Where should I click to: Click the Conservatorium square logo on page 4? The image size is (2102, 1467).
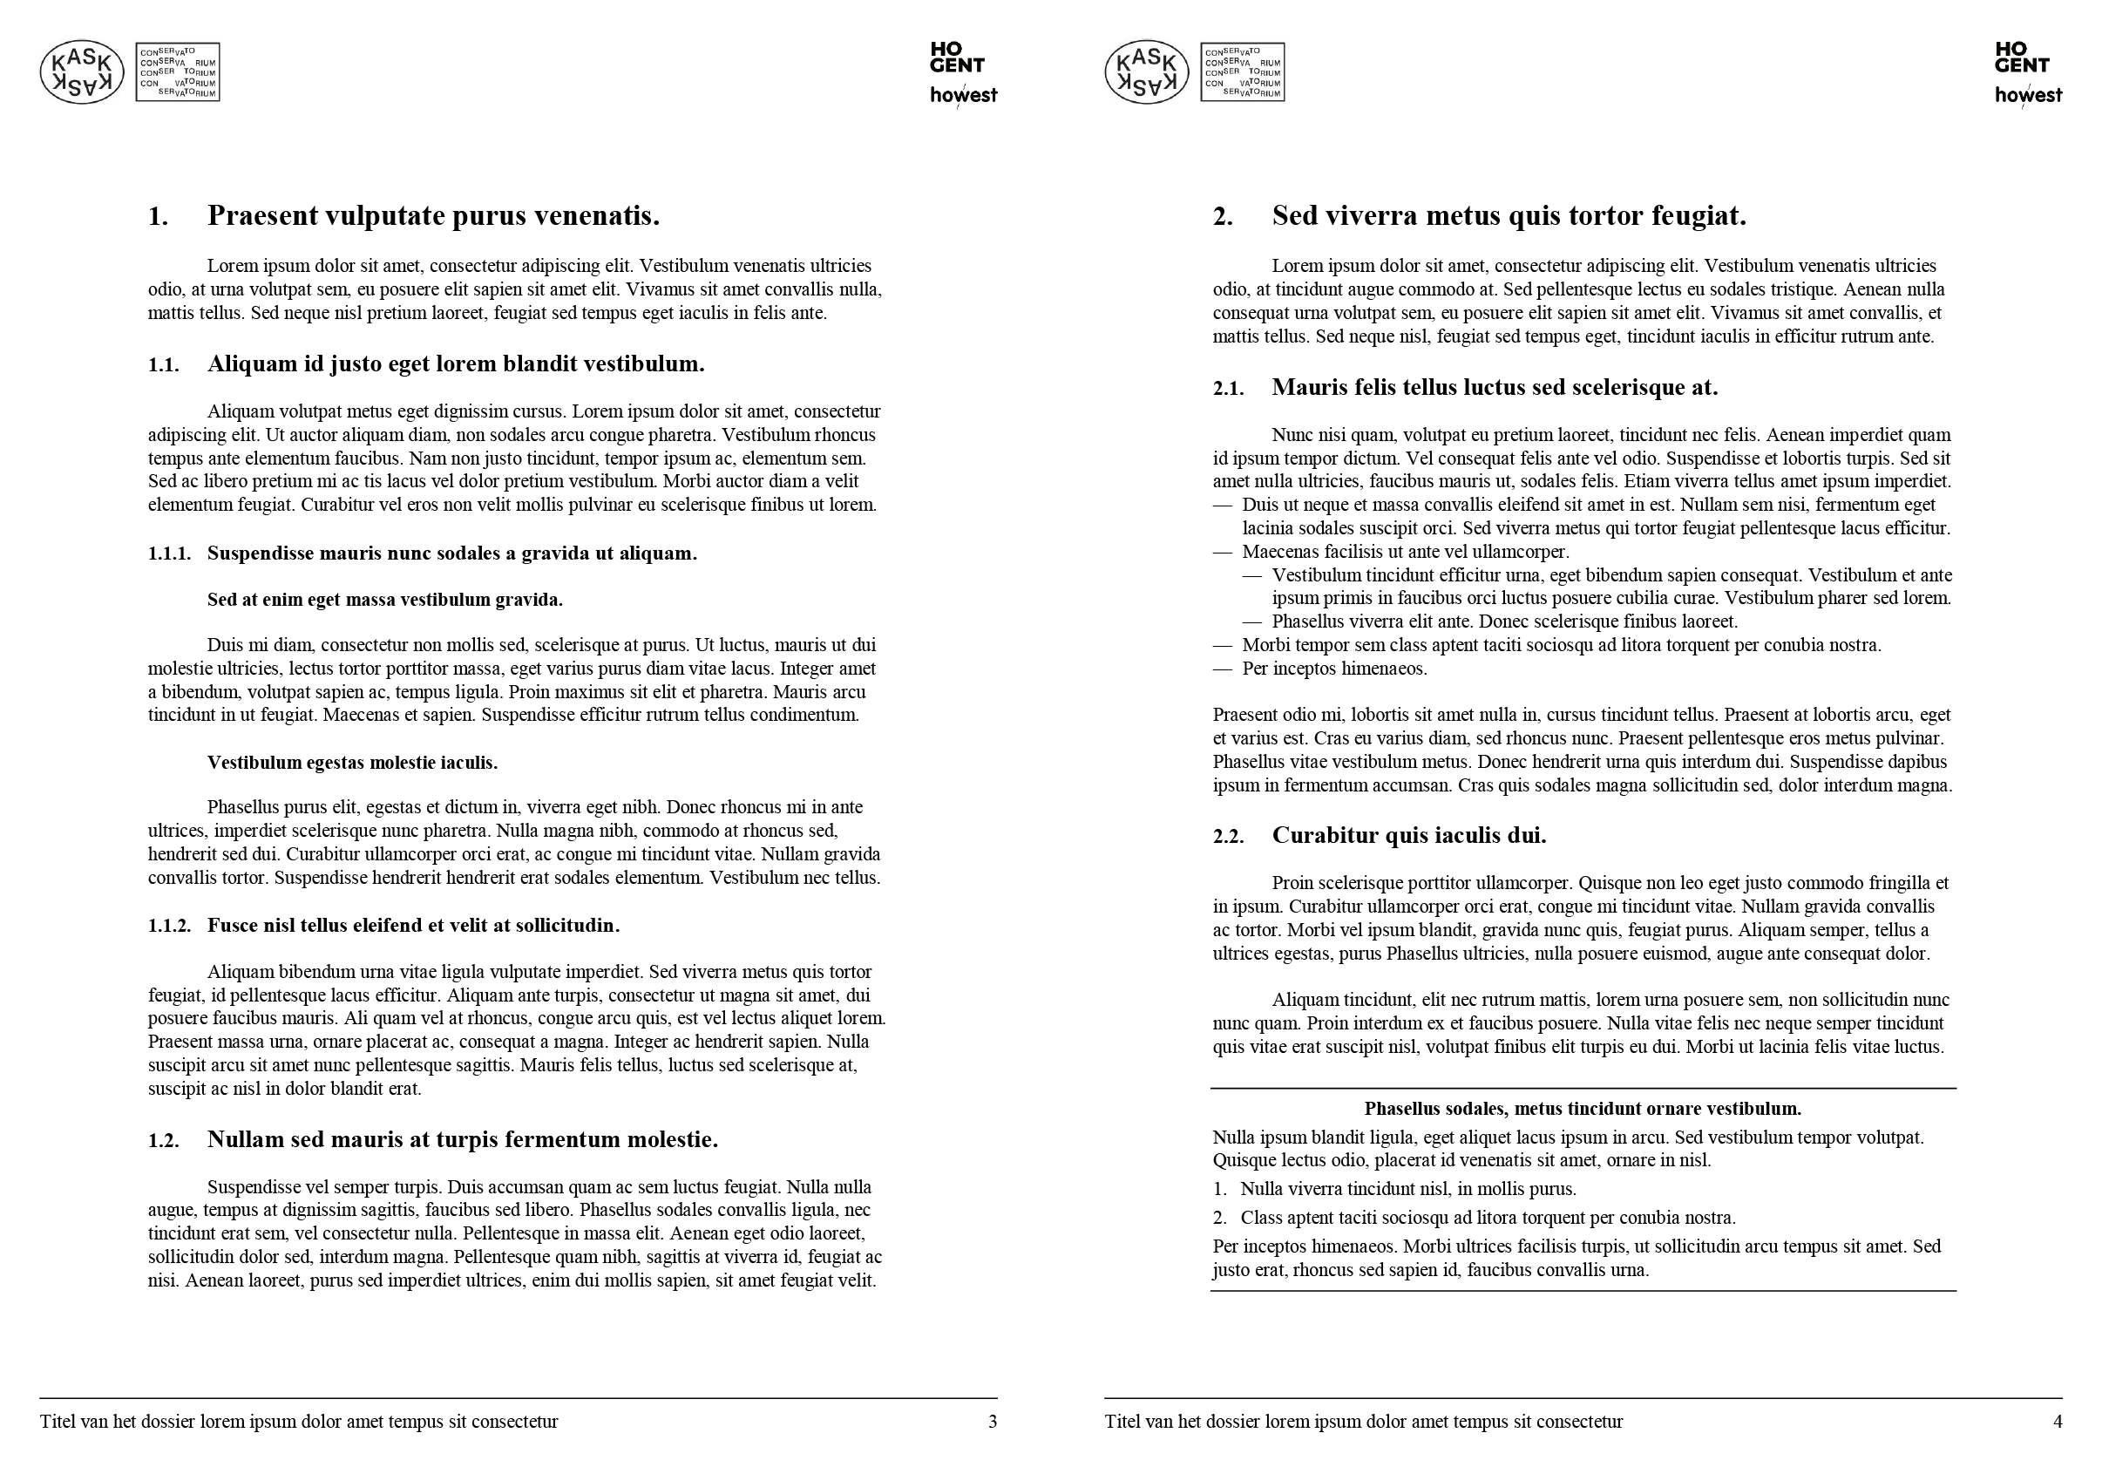pos(1243,71)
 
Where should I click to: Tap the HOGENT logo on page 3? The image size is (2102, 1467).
pos(957,57)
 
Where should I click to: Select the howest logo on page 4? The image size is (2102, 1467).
pos(2029,94)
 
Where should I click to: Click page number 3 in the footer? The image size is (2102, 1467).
pos(993,1421)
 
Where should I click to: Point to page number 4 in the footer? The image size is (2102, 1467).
pos(2058,1421)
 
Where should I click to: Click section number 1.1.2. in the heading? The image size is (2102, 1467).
pos(169,926)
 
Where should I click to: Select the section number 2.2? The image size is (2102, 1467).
pos(1229,836)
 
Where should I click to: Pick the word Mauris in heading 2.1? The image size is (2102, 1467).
pos(1309,387)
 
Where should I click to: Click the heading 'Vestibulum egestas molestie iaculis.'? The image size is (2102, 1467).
pos(352,763)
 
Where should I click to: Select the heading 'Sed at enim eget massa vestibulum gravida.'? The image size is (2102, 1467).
pos(384,600)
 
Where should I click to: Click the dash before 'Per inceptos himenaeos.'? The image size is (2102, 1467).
pos(1222,669)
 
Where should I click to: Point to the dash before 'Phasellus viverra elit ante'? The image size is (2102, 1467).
pos(1251,621)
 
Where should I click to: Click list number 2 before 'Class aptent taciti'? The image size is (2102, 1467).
pos(1219,1218)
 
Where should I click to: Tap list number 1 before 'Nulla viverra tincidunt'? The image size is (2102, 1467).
pos(1219,1190)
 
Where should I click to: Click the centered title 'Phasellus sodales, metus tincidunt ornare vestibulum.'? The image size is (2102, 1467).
pos(1583,1109)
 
